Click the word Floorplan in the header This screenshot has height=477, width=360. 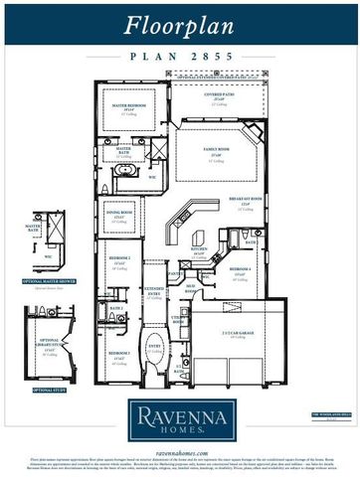click(x=179, y=25)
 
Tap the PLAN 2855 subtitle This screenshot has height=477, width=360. click(x=179, y=57)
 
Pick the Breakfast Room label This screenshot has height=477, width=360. click(x=251, y=202)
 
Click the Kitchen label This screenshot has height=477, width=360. click(x=200, y=252)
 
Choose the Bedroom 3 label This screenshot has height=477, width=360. click(x=119, y=354)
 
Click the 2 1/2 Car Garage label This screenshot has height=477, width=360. click(x=236, y=335)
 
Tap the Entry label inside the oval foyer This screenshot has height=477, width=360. click(x=154, y=347)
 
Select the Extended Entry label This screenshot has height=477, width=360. click(x=154, y=292)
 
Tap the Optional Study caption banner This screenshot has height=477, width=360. click(x=50, y=391)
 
